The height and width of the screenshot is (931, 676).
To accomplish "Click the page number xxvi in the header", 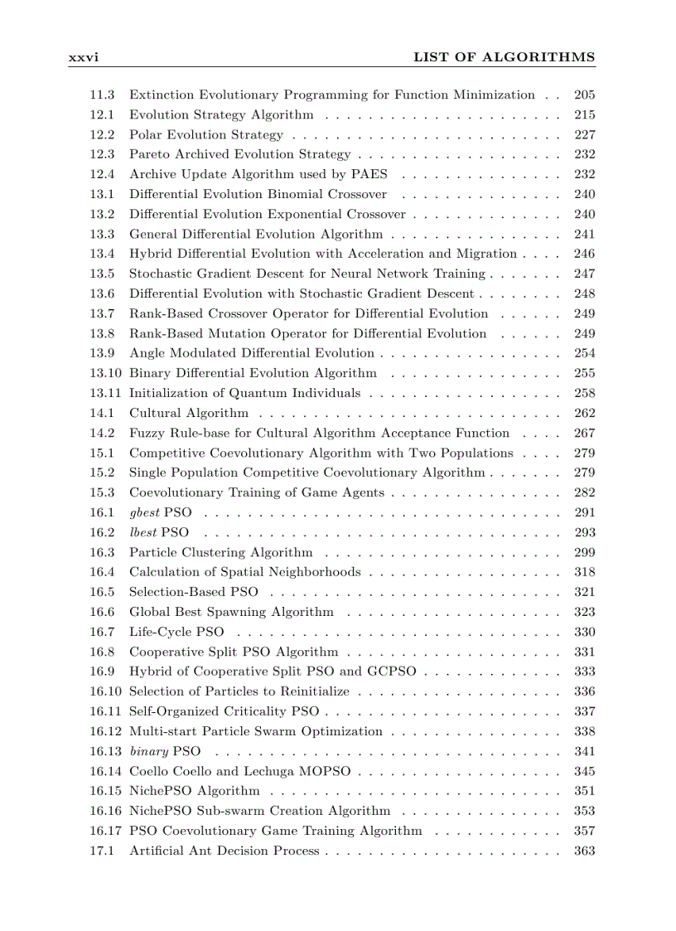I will (84, 57).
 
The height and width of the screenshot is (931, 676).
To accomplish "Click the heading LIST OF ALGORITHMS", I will (504, 57).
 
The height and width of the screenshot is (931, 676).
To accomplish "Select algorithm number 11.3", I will (102, 95).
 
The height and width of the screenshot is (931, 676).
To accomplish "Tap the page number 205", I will (584, 95).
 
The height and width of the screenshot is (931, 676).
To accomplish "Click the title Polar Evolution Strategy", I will (205, 134).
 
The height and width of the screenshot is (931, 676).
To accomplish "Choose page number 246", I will (584, 254).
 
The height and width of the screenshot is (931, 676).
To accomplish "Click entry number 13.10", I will (106, 373).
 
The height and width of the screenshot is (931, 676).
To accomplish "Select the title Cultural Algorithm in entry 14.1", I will (188, 413).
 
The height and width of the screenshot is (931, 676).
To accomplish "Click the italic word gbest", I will (144, 512).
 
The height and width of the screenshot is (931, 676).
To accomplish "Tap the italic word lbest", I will (143, 532).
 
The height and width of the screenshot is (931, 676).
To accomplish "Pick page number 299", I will (584, 552).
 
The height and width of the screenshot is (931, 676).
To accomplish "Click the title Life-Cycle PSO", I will (176, 632).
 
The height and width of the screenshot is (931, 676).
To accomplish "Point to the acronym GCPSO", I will (391, 672).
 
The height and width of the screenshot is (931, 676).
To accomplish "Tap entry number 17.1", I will (102, 851).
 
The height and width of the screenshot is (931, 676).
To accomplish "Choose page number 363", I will (584, 851).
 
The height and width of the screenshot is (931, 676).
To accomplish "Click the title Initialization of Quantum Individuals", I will (244, 393).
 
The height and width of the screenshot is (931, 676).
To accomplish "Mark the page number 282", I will (584, 492).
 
